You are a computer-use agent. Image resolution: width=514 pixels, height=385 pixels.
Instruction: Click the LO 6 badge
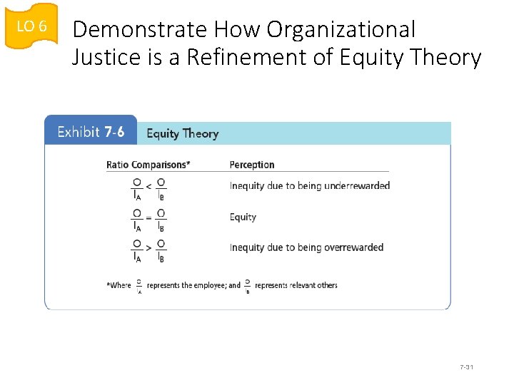(31, 27)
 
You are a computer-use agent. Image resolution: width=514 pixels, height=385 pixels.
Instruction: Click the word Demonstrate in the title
(129, 29)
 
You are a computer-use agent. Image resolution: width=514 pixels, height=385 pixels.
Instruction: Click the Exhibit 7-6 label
(91, 133)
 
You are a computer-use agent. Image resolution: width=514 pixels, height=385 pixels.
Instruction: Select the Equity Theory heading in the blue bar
(182, 133)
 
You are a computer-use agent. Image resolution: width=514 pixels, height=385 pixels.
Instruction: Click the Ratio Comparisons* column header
(148, 165)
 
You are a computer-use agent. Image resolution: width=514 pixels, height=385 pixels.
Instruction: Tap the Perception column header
(251, 165)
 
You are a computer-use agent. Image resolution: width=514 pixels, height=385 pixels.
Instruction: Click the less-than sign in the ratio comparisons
(148, 186)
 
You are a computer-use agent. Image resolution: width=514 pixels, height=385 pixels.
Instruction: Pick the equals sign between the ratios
(148, 217)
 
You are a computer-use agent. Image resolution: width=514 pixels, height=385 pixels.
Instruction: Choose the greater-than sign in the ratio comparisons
(148, 248)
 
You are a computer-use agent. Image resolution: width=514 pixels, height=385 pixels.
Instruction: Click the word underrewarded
(357, 186)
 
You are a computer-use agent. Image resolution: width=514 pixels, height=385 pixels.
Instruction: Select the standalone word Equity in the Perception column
(243, 217)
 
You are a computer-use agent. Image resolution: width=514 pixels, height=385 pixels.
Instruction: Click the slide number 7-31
(468, 367)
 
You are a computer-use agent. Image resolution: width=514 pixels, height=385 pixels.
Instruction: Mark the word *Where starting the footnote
(119, 285)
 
